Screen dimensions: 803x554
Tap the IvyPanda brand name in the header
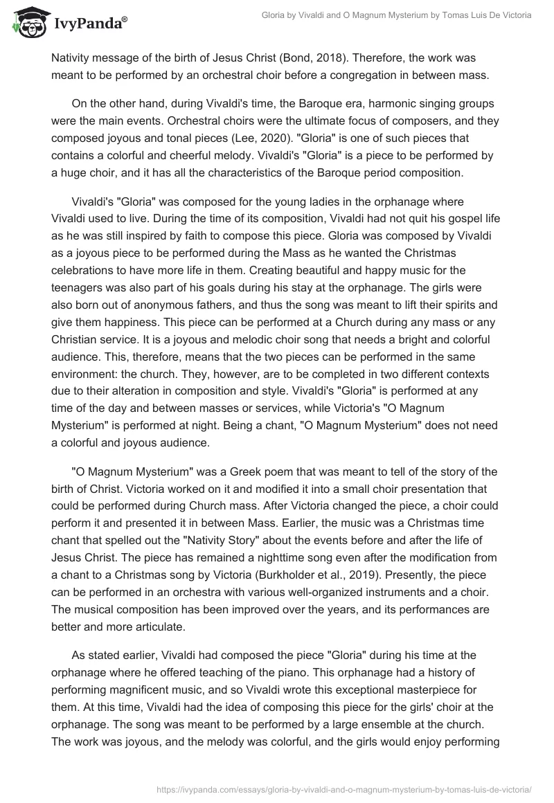click(88, 24)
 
